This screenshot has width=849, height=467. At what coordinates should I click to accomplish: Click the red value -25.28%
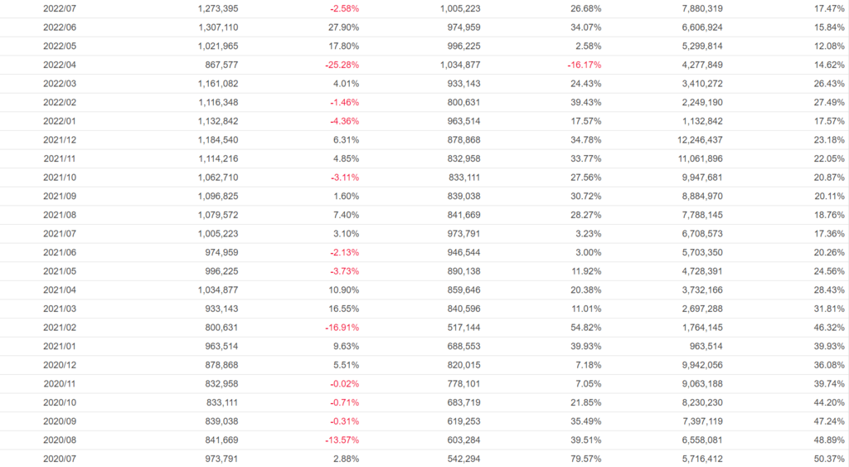(x=342, y=65)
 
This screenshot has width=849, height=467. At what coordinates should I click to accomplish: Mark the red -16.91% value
(x=342, y=327)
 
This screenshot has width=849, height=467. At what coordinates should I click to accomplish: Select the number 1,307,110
(x=218, y=27)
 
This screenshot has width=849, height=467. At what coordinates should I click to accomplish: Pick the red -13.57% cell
(x=342, y=439)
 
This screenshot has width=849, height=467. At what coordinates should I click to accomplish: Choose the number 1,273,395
(x=218, y=8)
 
